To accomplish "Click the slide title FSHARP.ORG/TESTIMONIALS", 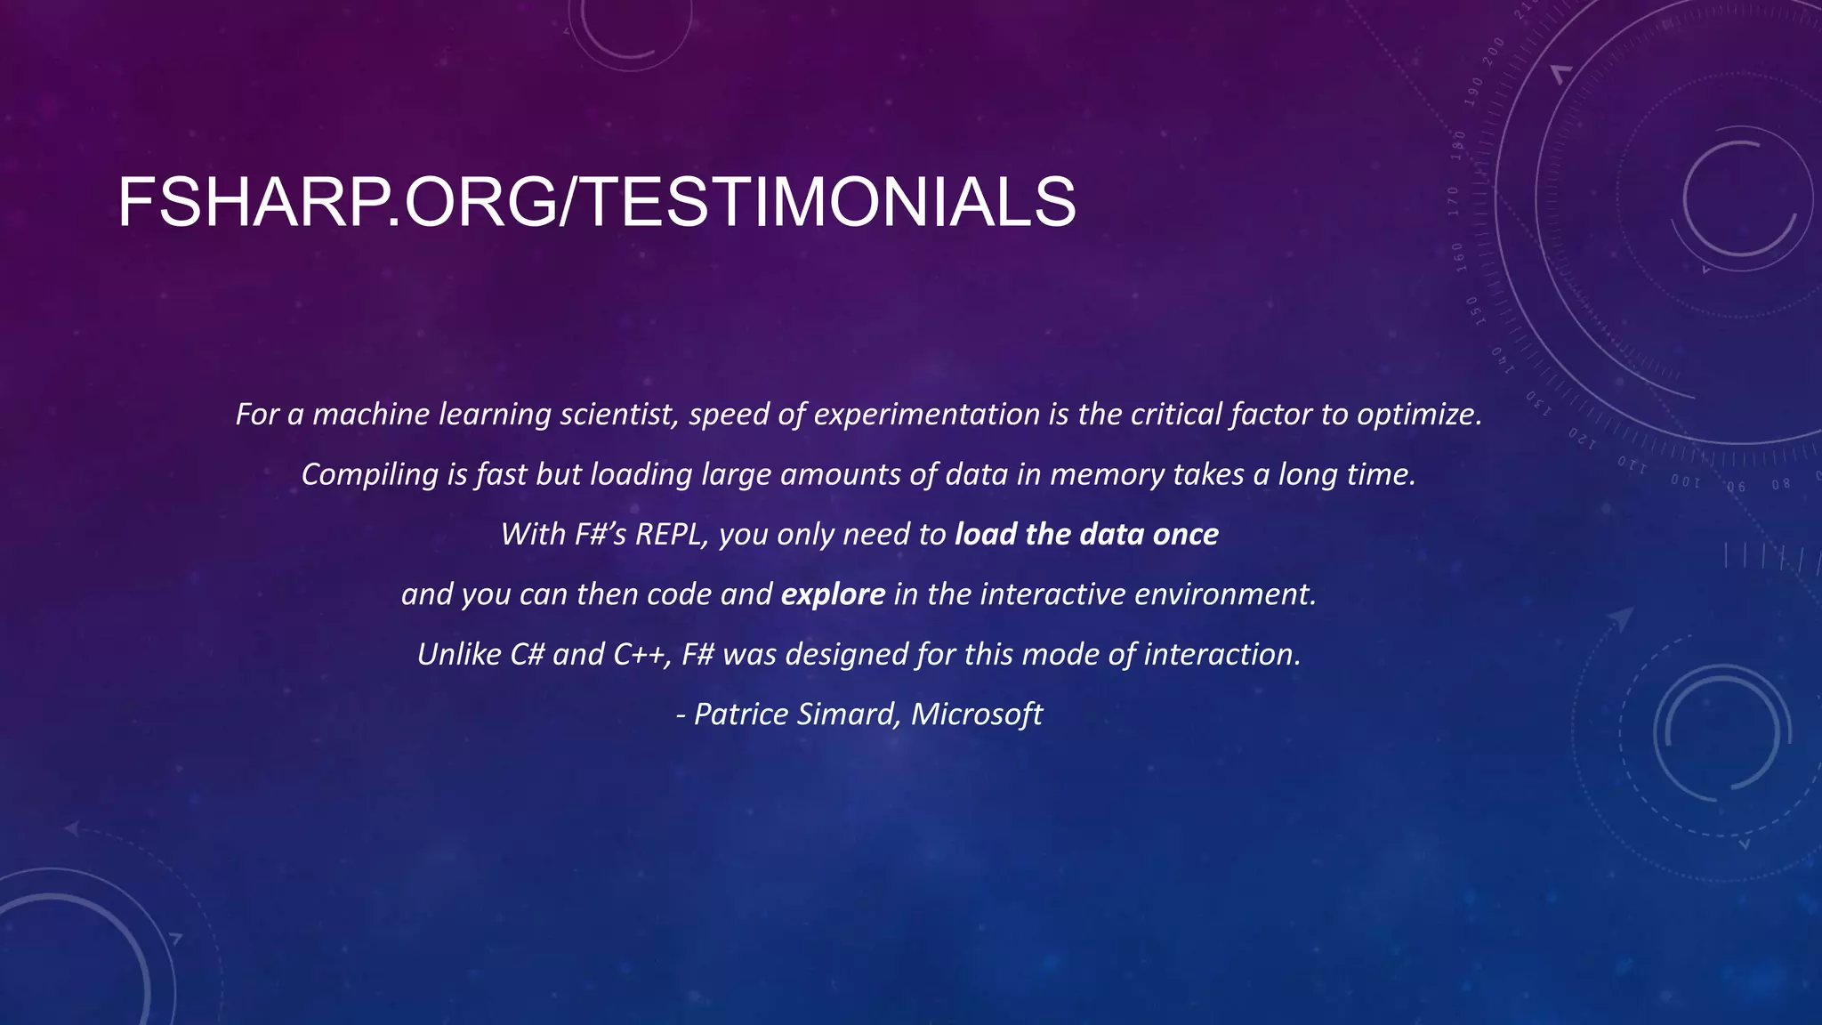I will [x=596, y=203].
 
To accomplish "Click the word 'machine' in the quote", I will [x=371, y=415].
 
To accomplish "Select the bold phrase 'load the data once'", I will [x=1086, y=534].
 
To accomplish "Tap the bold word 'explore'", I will [x=833, y=593].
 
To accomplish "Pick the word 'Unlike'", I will [x=459, y=654].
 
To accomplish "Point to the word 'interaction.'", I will [x=1222, y=654].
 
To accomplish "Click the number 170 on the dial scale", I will [x=1454, y=201].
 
